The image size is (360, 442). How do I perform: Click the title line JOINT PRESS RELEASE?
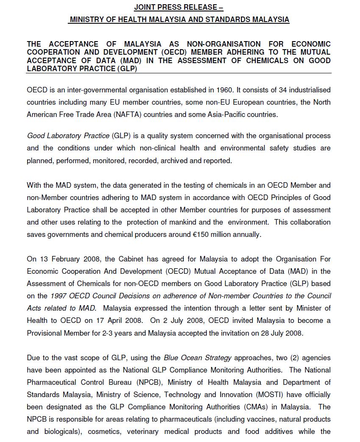click(x=179, y=7)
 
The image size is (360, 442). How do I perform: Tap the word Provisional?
click(x=46, y=333)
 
